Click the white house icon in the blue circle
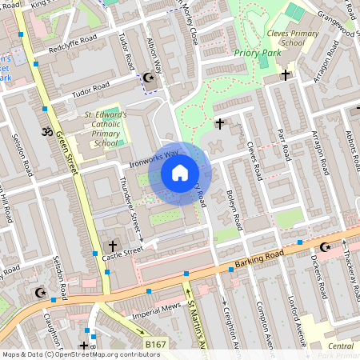point(180,173)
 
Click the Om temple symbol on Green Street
point(46,130)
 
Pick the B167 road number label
point(157,344)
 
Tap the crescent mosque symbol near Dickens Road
point(325,247)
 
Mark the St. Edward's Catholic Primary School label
point(105,130)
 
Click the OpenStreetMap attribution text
point(71,354)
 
